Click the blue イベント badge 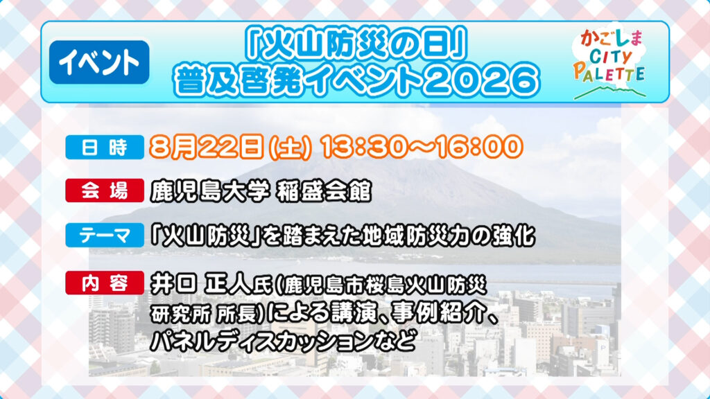pos(99,62)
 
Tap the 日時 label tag pos(105,148)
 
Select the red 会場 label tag pos(105,190)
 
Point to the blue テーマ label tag pos(105,236)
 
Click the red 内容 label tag pos(105,283)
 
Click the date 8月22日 pos(207,147)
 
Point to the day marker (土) pos(291,148)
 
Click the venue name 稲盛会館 pos(324,191)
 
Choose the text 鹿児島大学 pos(210,191)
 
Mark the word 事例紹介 pos(438,312)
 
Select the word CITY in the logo pos(611,57)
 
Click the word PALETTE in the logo pos(609,73)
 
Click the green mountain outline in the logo pos(610,92)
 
